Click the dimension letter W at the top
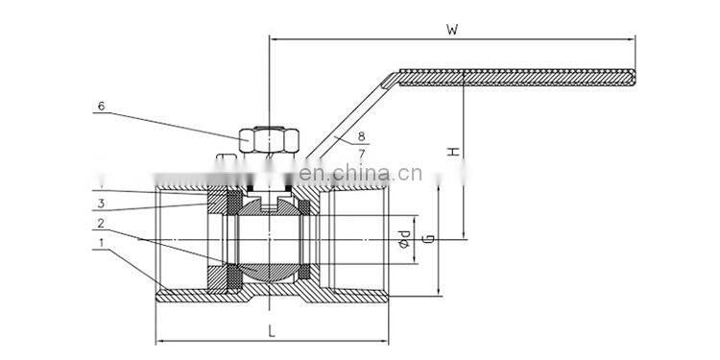coord(451,28)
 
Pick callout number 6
coord(99,107)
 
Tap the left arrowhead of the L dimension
coord(159,339)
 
